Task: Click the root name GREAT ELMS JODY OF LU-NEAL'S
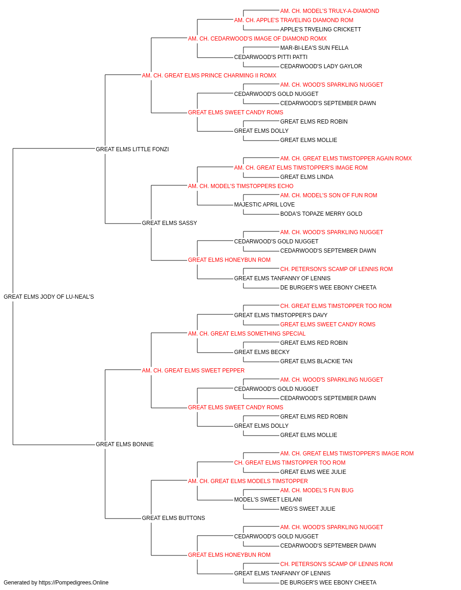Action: (x=49, y=297)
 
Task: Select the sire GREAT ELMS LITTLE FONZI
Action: (x=132, y=149)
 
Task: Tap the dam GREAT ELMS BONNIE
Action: (x=124, y=444)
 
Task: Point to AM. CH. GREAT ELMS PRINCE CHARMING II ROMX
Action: (x=209, y=76)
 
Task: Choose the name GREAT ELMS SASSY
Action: (x=169, y=223)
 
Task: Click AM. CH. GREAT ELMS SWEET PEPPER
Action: (x=193, y=371)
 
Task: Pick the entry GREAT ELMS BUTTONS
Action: (x=173, y=518)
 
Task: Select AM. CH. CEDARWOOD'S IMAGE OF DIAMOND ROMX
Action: (x=257, y=39)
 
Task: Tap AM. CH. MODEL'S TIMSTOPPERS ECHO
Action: (x=241, y=186)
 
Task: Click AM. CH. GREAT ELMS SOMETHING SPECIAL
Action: (x=247, y=334)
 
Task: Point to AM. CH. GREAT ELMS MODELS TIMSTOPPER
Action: (x=248, y=481)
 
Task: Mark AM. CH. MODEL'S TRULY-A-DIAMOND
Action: (x=330, y=11)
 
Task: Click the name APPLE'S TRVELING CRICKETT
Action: (x=321, y=29)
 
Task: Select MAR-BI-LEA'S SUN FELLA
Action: (x=314, y=48)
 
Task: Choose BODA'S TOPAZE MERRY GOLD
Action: (x=321, y=214)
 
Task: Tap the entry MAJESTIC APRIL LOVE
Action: (x=265, y=205)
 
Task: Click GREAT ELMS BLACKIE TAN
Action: (x=316, y=361)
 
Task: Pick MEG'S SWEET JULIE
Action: (x=307, y=509)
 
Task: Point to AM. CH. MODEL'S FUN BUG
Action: (x=317, y=490)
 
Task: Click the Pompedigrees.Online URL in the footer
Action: (x=74, y=583)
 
